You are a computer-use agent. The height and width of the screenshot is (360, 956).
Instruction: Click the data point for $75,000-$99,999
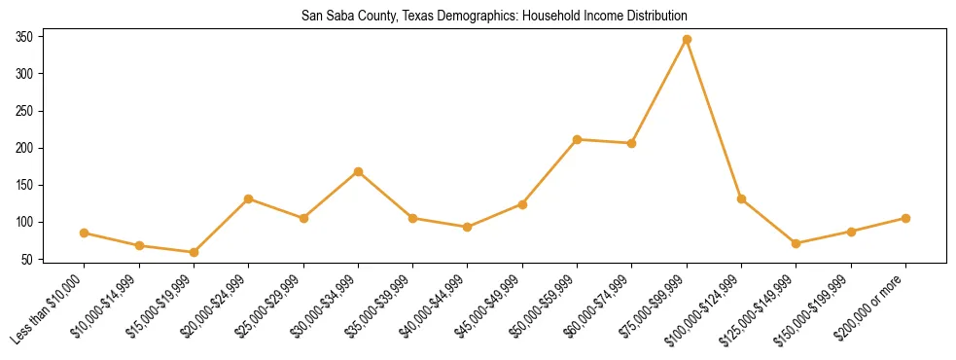click(687, 39)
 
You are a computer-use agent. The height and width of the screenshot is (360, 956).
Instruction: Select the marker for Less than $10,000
click(84, 233)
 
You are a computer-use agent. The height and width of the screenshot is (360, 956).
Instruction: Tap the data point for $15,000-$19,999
click(194, 252)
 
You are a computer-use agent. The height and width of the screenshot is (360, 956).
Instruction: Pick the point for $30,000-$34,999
click(358, 171)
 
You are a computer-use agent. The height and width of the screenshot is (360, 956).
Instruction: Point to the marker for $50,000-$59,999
click(578, 139)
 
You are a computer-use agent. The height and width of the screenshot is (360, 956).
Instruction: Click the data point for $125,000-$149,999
click(797, 243)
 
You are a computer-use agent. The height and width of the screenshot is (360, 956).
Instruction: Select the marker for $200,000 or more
click(905, 218)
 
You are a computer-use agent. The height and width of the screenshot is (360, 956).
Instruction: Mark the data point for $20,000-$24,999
click(248, 198)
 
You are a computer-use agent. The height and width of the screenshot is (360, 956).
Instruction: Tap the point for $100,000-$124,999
click(741, 198)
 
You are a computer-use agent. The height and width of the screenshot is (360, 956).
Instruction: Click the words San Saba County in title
click(344, 16)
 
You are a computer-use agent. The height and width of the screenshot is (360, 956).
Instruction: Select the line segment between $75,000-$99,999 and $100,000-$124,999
click(714, 119)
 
